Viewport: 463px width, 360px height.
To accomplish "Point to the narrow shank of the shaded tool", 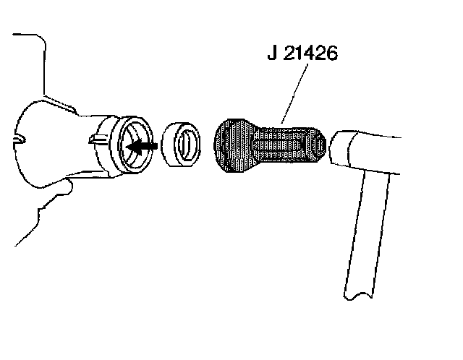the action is coord(293,145).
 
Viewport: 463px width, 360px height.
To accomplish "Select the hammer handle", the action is coord(369,231).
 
